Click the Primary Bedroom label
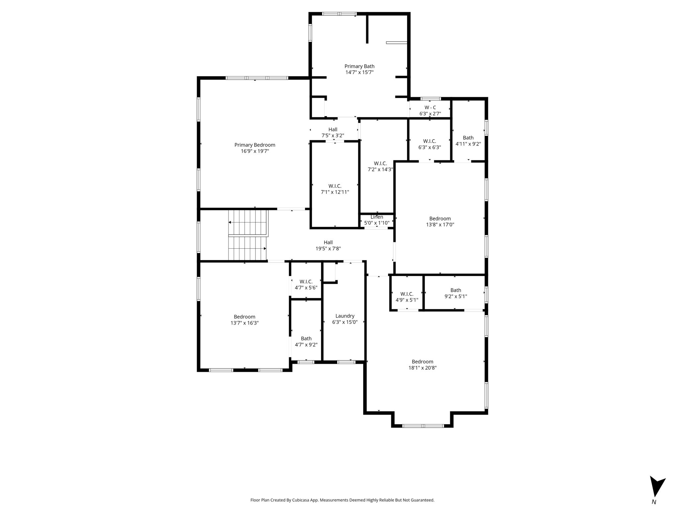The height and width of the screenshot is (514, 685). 255,145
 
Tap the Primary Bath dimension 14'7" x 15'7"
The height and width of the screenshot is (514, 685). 360,72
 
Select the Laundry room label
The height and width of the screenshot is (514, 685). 345,316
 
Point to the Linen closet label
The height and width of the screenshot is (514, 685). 377,217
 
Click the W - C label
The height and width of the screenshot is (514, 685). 430,107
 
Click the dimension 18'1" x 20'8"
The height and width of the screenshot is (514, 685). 422,368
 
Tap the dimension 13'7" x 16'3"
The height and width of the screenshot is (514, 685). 244,323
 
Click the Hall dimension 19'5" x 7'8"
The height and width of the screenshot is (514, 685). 328,249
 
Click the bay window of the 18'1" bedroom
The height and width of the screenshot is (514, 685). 423,426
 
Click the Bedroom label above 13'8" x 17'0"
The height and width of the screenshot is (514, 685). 440,219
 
